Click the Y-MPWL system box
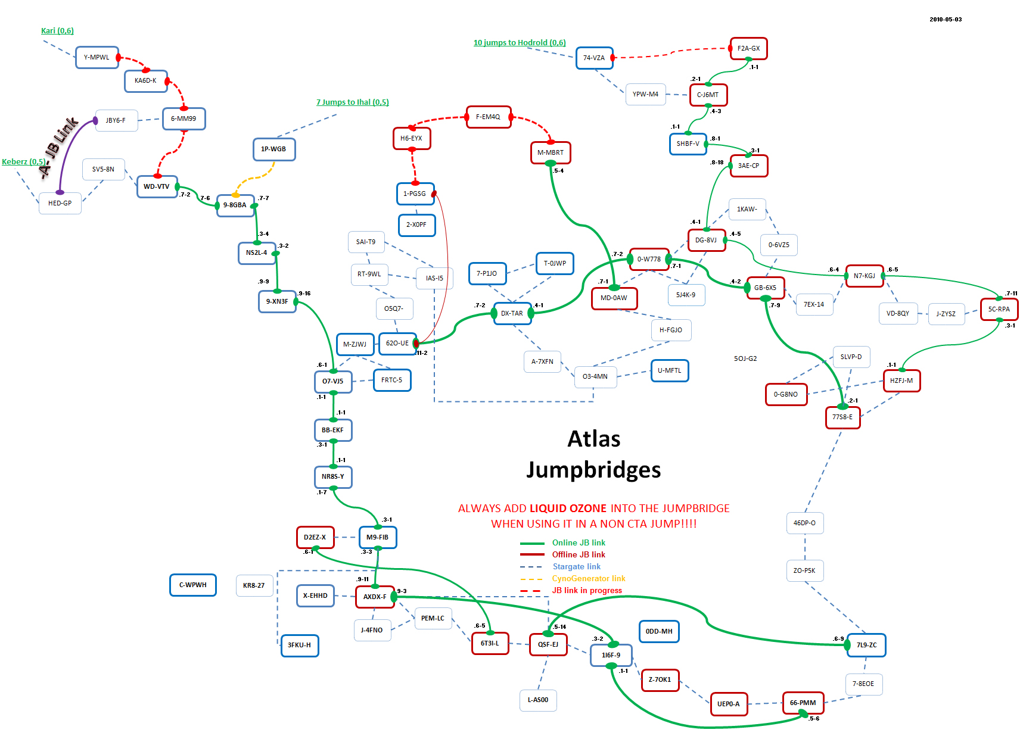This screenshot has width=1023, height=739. (97, 58)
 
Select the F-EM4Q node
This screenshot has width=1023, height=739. (488, 117)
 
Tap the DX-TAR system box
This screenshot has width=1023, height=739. (512, 313)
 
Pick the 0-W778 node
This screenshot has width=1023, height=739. (649, 259)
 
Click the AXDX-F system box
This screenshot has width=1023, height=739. (375, 597)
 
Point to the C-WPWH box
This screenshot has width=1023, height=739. (193, 585)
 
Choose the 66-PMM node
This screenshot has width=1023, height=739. (803, 703)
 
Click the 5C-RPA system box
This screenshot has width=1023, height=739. (999, 309)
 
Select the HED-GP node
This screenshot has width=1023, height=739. (60, 203)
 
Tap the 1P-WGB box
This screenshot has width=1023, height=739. (273, 149)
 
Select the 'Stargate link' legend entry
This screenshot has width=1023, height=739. (576, 566)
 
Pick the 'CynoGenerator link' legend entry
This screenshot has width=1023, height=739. (588, 578)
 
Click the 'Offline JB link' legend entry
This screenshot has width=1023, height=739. (578, 554)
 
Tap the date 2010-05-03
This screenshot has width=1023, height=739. (945, 20)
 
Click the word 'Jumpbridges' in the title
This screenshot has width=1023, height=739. (593, 470)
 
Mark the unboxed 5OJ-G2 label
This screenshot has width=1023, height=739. (745, 358)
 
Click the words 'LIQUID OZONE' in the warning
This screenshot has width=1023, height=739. (568, 508)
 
